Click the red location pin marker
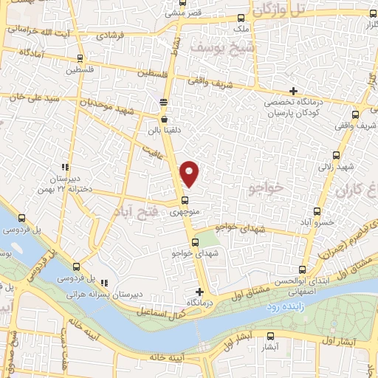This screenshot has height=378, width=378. tap(190, 173)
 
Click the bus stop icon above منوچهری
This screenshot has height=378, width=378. tap(185, 200)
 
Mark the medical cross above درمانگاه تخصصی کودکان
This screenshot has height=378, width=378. tap(294, 90)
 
